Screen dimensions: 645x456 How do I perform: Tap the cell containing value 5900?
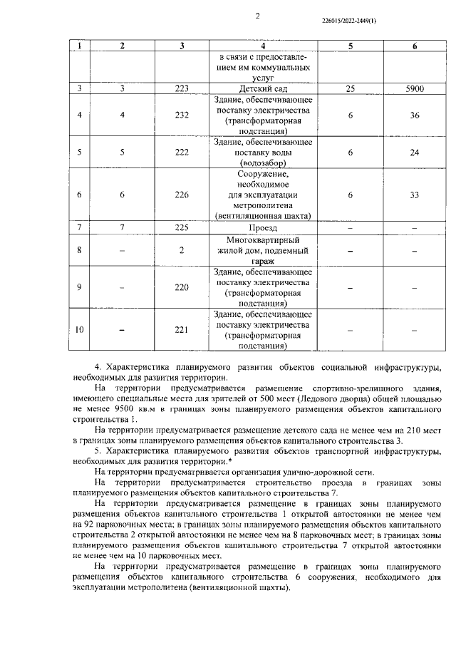click(x=415, y=89)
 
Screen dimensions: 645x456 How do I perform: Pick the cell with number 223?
click(x=182, y=89)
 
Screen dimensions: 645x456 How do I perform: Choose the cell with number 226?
click(x=182, y=195)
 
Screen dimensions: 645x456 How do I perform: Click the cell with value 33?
click(x=415, y=195)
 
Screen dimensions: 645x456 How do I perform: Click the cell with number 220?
click(x=182, y=287)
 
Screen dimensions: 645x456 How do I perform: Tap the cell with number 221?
click(x=182, y=330)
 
